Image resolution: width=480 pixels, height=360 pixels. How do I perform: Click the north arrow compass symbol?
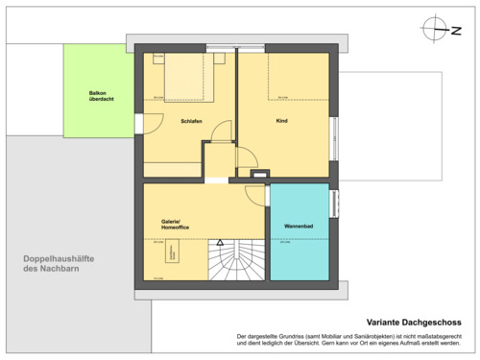click(x=437, y=28)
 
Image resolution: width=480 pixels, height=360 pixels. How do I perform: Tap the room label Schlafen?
click(x=190, y=120)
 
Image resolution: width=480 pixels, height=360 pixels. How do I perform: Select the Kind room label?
click(x=281, y=120)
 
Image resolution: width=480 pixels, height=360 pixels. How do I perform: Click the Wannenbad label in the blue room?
click(x=299, y=226)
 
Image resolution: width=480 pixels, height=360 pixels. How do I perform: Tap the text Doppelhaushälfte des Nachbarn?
click(x=64, y=263)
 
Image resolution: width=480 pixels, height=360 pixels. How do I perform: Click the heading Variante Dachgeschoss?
click(x=415, y=322)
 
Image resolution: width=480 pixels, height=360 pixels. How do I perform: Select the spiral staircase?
click(x=235, y=260)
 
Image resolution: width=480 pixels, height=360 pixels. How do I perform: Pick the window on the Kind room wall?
click(x=335, y=131)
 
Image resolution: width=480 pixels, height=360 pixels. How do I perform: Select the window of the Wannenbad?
click(x=335, y=204)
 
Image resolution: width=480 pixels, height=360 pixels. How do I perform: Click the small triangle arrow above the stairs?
click(x=219, y=244)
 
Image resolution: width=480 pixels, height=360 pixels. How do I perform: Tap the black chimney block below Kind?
click(x=259, y=174)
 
